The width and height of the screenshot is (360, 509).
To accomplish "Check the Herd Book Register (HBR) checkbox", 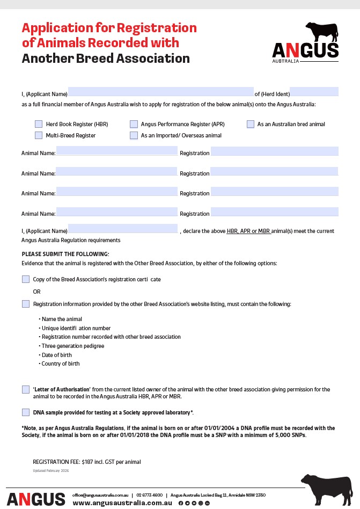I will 39,124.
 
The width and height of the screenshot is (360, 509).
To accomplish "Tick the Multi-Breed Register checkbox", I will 39,135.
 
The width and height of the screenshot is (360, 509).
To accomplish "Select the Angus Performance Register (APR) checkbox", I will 134,124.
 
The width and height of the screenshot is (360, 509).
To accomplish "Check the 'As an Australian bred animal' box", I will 251,124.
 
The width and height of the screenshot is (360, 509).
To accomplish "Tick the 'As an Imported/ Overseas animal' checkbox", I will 134,135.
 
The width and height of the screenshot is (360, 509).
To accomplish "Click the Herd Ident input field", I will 314,92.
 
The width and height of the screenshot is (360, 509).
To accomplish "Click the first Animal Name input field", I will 116,150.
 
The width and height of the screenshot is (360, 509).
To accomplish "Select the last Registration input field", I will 274,212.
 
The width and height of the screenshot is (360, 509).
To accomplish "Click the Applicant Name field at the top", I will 160,92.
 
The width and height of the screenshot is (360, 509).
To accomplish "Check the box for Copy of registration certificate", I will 26,279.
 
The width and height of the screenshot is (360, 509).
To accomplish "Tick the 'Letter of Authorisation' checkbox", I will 26,389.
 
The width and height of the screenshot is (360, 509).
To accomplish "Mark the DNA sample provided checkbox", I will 26,412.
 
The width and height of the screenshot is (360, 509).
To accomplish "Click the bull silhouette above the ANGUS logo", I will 321,32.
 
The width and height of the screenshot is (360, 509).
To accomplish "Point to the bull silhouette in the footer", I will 326,488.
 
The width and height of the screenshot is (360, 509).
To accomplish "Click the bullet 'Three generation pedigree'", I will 73,346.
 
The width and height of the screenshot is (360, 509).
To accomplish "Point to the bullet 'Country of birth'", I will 61,363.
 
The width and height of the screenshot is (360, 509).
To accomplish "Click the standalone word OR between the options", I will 36,292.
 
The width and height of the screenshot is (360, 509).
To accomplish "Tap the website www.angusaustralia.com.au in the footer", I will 122,503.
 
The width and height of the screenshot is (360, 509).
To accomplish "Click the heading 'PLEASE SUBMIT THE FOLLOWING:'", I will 65,254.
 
